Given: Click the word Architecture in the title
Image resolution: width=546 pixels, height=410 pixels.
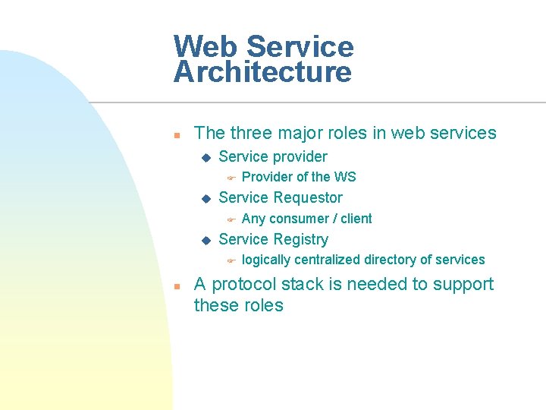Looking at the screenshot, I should tap(262, 73).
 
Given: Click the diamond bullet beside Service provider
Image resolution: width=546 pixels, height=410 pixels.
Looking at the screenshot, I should tap(204, 157).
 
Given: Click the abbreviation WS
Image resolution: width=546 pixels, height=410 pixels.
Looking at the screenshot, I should tap(345, 177).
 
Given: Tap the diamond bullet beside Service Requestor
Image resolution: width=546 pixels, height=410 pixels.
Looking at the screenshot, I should tap(204, 199).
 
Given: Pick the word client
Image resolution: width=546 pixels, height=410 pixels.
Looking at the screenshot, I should tap(356, 219).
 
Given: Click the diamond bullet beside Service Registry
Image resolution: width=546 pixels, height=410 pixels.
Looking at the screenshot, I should tap(204, 241).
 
